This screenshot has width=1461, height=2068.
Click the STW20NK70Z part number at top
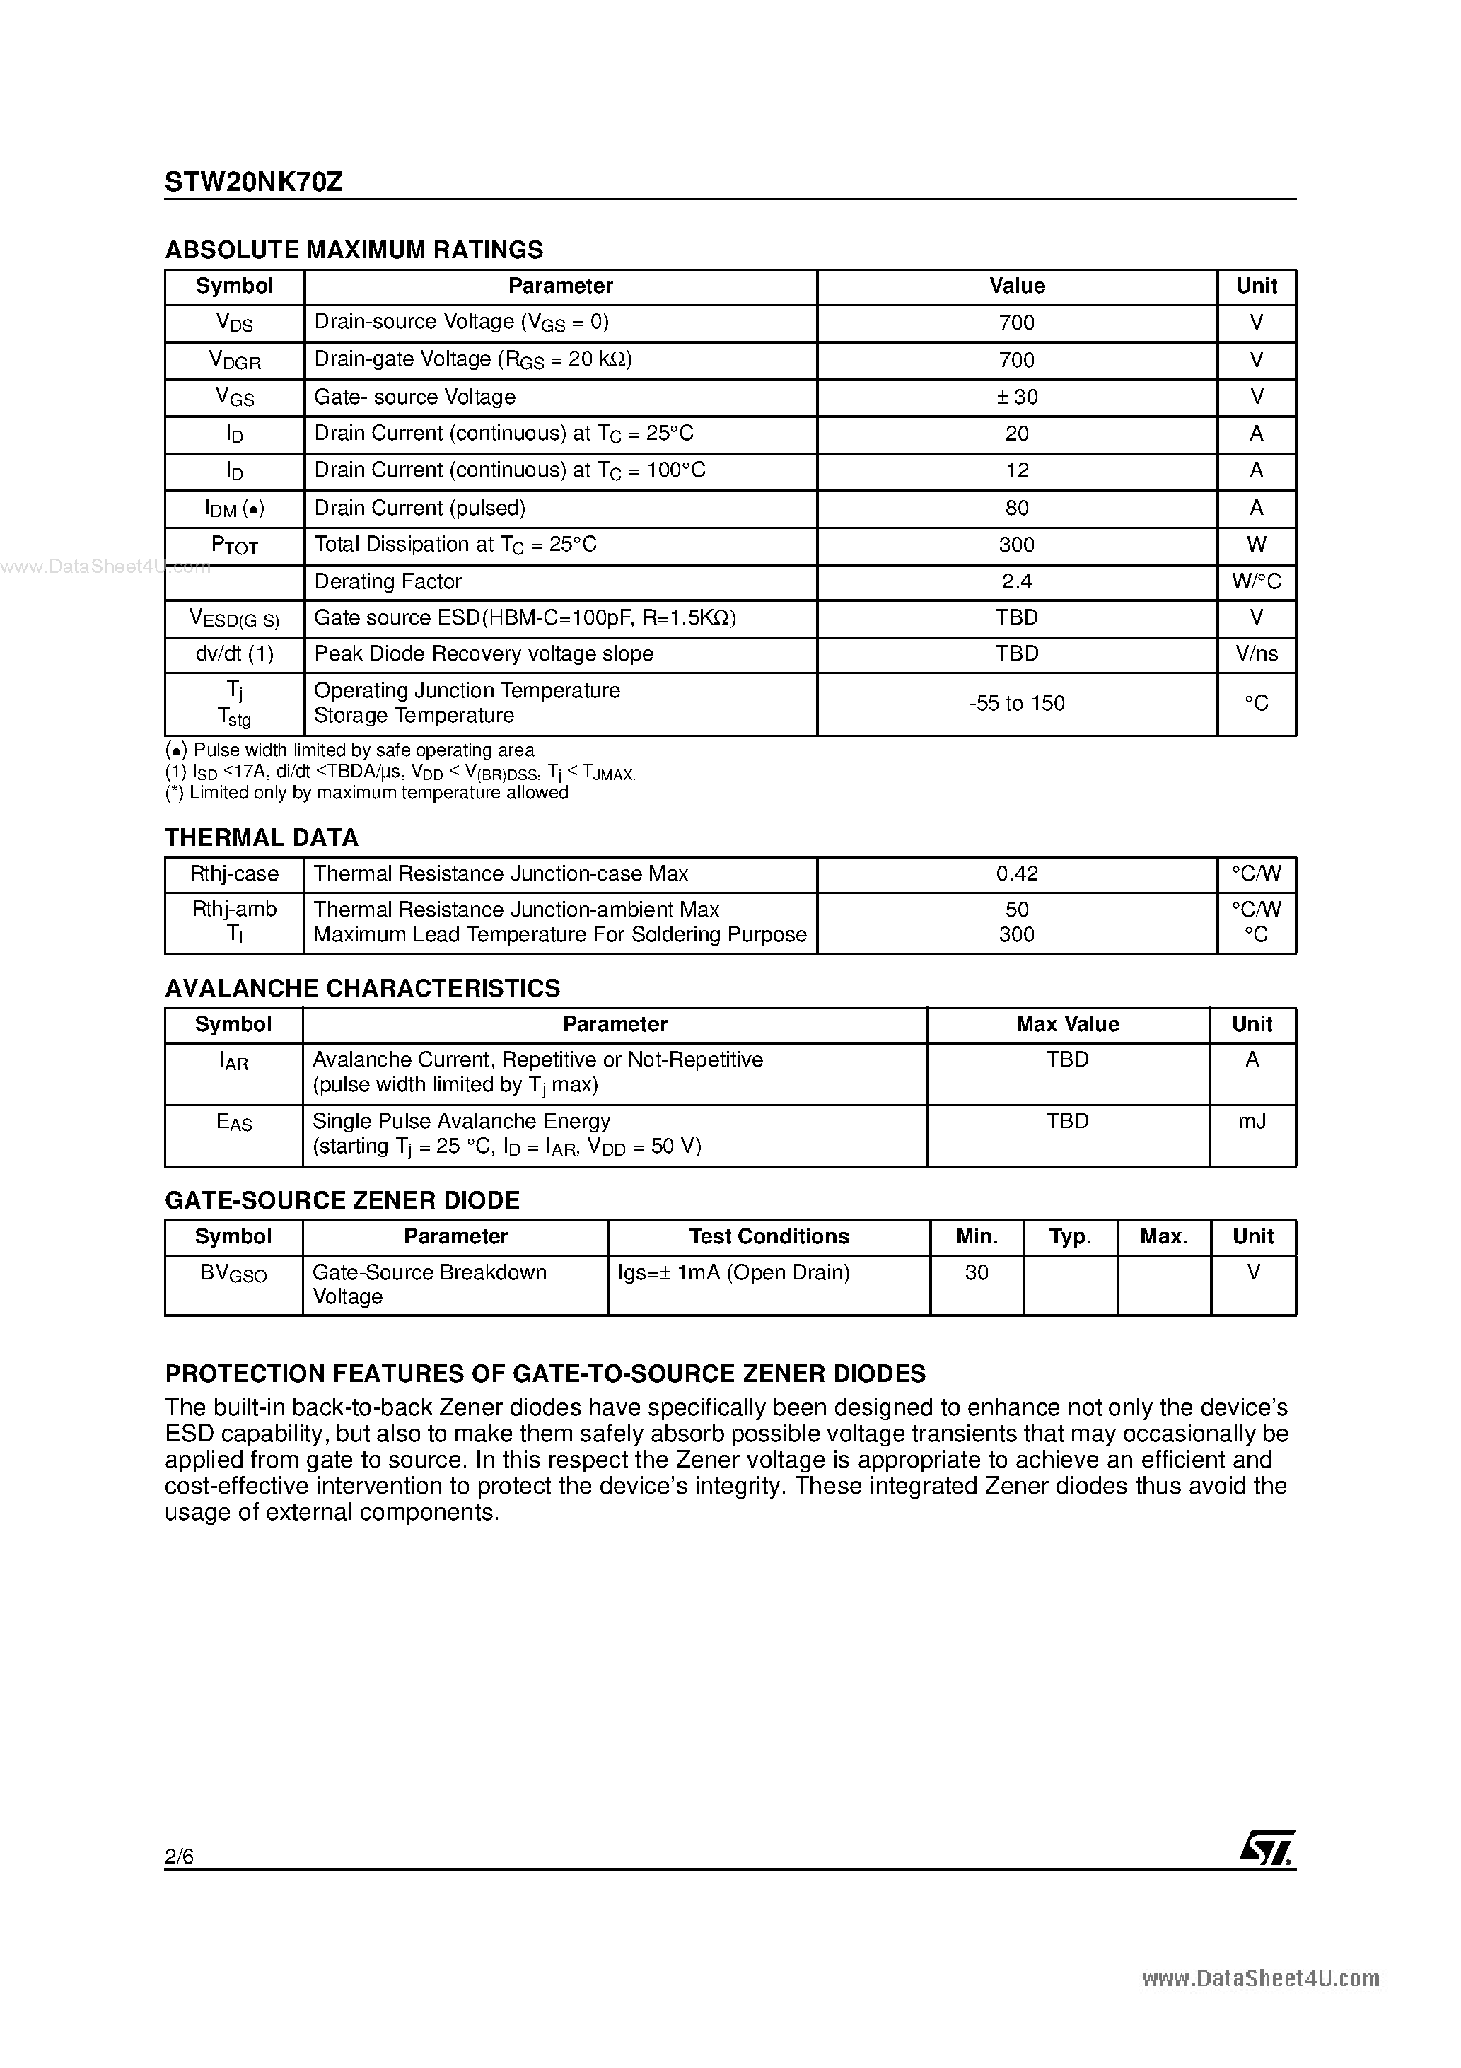253,182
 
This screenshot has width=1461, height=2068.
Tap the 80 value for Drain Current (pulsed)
1016,508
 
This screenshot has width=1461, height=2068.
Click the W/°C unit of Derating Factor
1256,582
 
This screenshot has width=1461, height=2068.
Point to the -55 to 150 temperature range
1016,704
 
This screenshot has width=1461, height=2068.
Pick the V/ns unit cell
1256,654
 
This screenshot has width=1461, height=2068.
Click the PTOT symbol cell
234,546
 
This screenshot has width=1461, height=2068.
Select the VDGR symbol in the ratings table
234,360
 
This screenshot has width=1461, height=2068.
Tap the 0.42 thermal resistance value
1016,873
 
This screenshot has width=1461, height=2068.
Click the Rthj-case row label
234,873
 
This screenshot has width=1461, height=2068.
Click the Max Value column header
1067,1024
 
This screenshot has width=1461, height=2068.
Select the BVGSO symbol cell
233,1274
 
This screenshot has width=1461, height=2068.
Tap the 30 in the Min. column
977,1272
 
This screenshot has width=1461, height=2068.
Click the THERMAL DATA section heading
261,837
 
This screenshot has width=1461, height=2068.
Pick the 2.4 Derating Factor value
1016,582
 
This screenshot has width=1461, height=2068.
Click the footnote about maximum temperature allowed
366,793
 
